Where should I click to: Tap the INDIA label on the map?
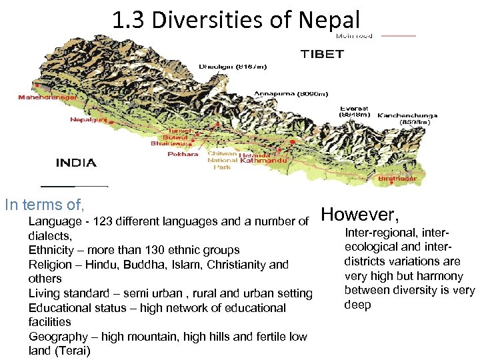click(75, 163)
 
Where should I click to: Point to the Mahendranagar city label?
click(47, 97)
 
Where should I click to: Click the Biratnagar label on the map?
click(397, 179)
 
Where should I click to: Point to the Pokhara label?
click(183, 154)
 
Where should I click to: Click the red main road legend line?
click(398, 35)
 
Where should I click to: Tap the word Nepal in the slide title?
click(329, 20)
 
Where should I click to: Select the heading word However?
click(360, 215)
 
